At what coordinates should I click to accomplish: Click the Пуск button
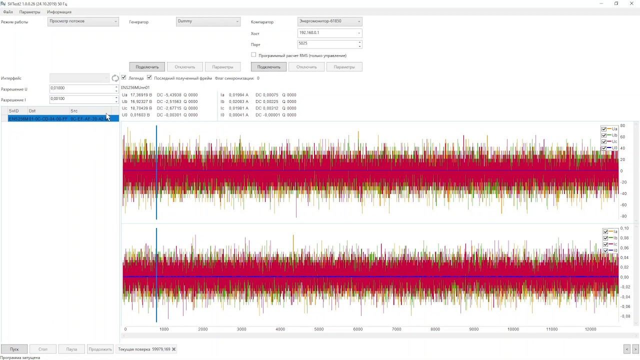point(14,349)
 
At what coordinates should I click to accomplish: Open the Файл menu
point(8,12)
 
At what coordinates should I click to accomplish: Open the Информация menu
point(59,12)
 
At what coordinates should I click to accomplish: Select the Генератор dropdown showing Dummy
point(208,21)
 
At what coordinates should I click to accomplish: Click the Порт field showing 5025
point(327,44)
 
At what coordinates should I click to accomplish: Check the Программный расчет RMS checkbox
point(253,55)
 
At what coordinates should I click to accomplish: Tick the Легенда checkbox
point(124,77)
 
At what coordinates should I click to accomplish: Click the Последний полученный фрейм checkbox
point(149,77)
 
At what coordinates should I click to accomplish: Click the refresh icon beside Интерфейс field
point(115,78)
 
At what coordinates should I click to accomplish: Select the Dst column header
point(48,110)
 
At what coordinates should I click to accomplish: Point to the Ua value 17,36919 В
point(140,95)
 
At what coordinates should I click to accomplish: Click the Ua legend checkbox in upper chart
point(604,129)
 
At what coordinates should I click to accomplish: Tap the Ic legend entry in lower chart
point(611,244)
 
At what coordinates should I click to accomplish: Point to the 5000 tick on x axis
point(319,329)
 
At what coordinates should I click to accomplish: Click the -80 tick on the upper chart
point(623,216)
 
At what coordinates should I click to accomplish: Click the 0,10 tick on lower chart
point(625,228)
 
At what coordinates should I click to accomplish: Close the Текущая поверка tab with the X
point(174,349)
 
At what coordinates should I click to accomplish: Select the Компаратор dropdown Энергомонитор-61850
point(329,21)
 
